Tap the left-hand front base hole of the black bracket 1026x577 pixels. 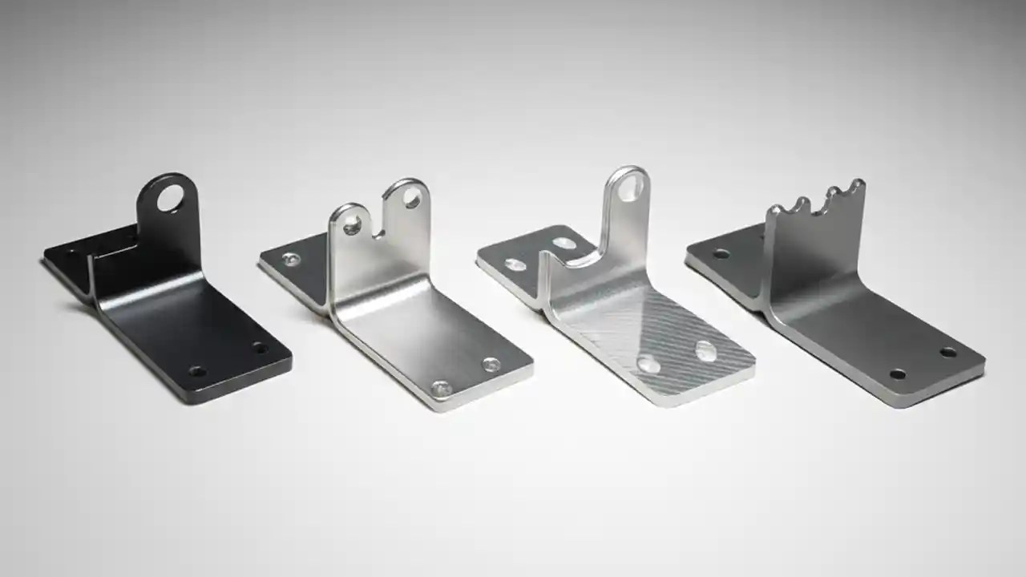coord(196,372)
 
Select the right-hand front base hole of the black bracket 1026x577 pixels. coord(259,348)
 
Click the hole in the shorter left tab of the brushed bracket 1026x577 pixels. coord(351,228)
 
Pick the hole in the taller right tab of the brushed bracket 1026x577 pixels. coord(411,200)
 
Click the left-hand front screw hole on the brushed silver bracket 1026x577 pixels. coord(440,389)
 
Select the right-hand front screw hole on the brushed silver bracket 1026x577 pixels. coord(491,365)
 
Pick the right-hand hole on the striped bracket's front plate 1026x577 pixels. coord(706,349)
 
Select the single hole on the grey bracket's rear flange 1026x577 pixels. coord(721,254)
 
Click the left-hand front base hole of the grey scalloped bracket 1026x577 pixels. coord(898,374)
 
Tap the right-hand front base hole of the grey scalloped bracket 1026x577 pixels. coord(948,352)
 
